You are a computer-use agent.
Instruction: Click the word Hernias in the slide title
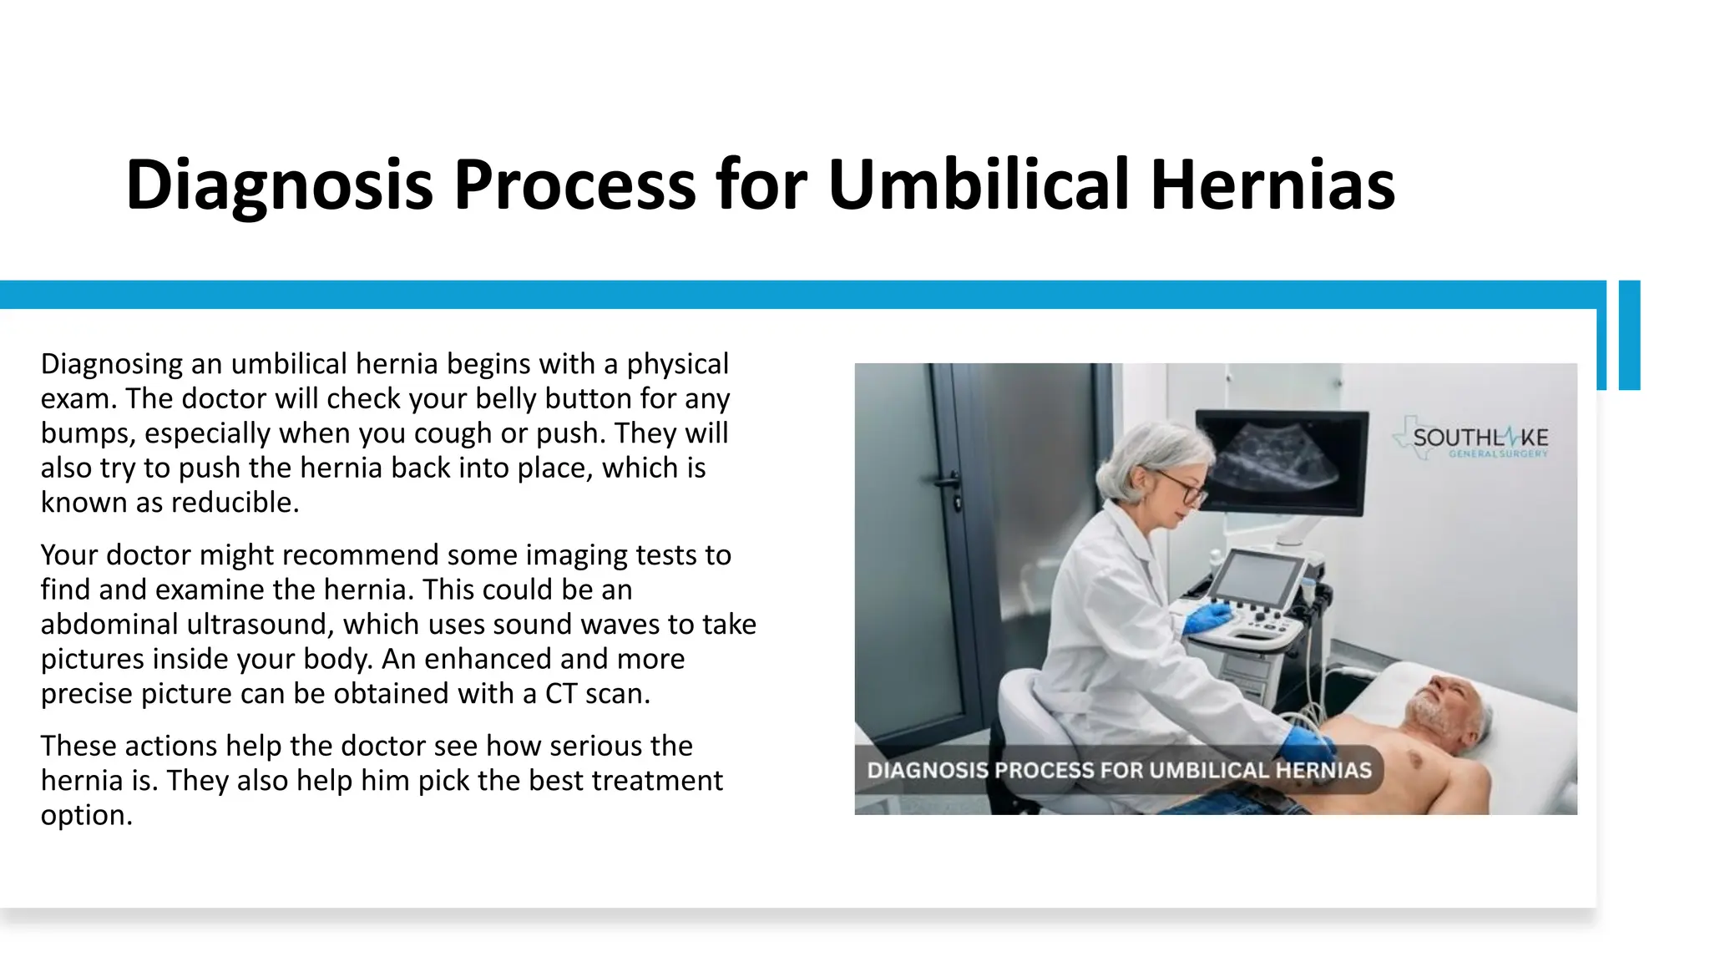(1272, 185)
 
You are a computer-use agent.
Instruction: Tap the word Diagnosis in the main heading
(279, 185)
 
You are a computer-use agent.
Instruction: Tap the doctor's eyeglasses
(1182, 489)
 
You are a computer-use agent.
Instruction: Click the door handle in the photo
(949, 483)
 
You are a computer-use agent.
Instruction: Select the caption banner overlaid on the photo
(1119, 770)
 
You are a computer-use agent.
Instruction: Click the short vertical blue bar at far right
(1629, 335)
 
